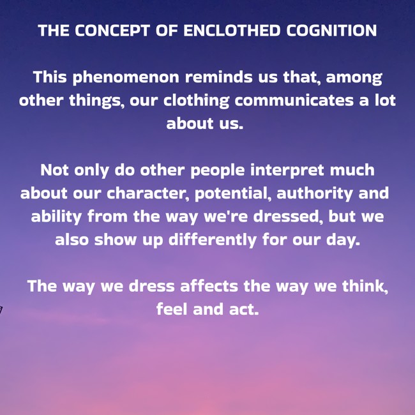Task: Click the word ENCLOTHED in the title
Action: [x=232, y=31]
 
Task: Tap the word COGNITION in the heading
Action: [x=331, y=31]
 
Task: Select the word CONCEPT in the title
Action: [x=112, y=31]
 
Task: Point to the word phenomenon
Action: [x=126, y=78]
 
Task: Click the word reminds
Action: [x=218, y=77]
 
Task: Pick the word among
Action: [x=354, y=78]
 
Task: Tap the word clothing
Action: [x=196, y=101]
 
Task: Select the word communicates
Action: [x=294, y=100]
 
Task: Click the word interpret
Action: [x=287, y=170]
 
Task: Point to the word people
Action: [x=218, y=170]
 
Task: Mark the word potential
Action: [x=233, y=193]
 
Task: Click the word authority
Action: [x=314, y=193]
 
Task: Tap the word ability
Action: [x=56, y=217]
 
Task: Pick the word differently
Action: [x=213, y=240]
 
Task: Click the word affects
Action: [x=209, y=287]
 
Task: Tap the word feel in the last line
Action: [x=172, y=310]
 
